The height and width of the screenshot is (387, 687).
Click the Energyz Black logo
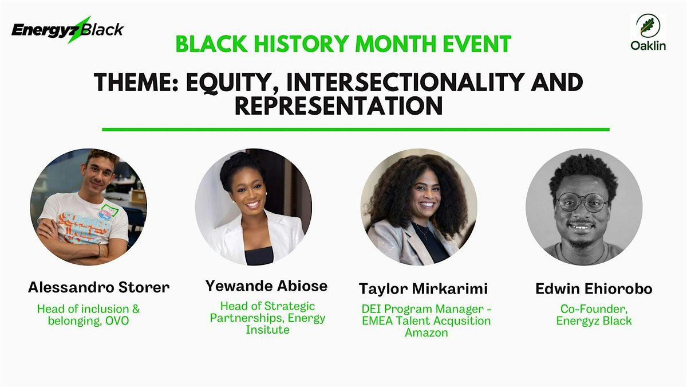pos(68,29)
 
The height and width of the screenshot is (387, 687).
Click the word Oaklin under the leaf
pos(648,46)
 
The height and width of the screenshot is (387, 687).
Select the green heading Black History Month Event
pos(343,44)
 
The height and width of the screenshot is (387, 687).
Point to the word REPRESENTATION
pos(339,107)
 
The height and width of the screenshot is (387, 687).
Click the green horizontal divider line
pos(355,130)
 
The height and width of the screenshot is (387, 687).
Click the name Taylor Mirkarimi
pos(424,288)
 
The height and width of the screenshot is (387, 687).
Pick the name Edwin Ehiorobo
pos(594,289)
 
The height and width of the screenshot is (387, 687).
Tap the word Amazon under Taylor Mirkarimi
pos(426,333)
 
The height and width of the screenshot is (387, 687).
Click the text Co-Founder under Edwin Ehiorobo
pos(594,308)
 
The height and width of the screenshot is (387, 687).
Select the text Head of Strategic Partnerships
pos(267,312)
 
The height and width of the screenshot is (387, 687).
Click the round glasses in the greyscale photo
pos(582,202)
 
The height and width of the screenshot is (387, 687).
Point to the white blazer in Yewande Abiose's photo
pos(229,241)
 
